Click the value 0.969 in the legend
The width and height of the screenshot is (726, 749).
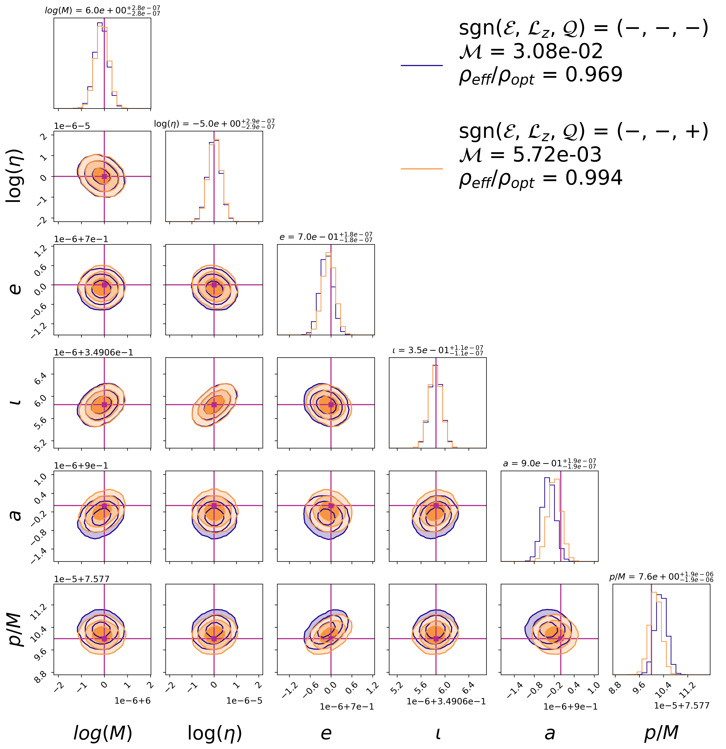[x=594, y=74]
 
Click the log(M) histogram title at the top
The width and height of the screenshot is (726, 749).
[x=102, y=10]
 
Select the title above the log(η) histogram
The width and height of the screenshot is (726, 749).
[x=214, y=124]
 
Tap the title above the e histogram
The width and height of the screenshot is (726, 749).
[x=326, y=237]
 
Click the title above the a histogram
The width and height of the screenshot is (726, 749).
[x=549, y=463]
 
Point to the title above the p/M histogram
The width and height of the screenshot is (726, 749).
[x=661, y=577]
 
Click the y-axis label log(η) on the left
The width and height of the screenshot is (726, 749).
[x=15, y=176]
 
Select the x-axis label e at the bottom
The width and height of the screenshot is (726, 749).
[x=326, y=733]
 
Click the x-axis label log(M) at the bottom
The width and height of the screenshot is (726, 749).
[x=102, y=733]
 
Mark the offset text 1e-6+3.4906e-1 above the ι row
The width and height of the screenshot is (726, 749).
[x=94, y=352]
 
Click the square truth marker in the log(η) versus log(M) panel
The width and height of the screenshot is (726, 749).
[x=104, y=176]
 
